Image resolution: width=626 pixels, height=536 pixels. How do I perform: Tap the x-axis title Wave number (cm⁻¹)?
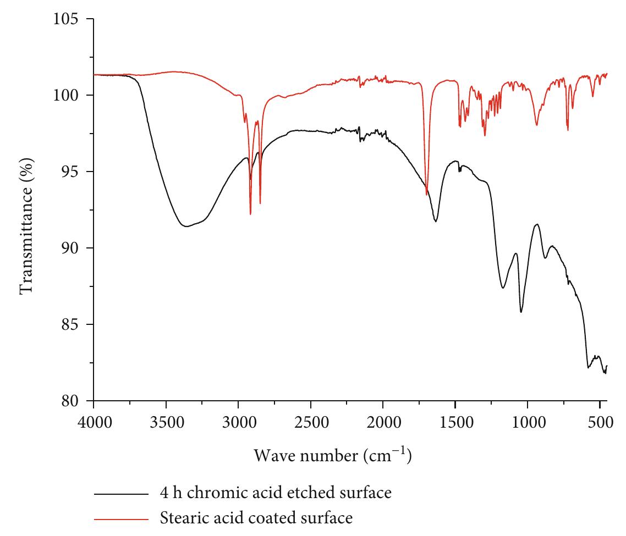[333, 456]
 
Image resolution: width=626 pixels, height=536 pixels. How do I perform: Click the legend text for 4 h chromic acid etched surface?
[276, 493]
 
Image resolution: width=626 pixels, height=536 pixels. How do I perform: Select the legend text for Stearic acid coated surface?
[255, 517]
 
